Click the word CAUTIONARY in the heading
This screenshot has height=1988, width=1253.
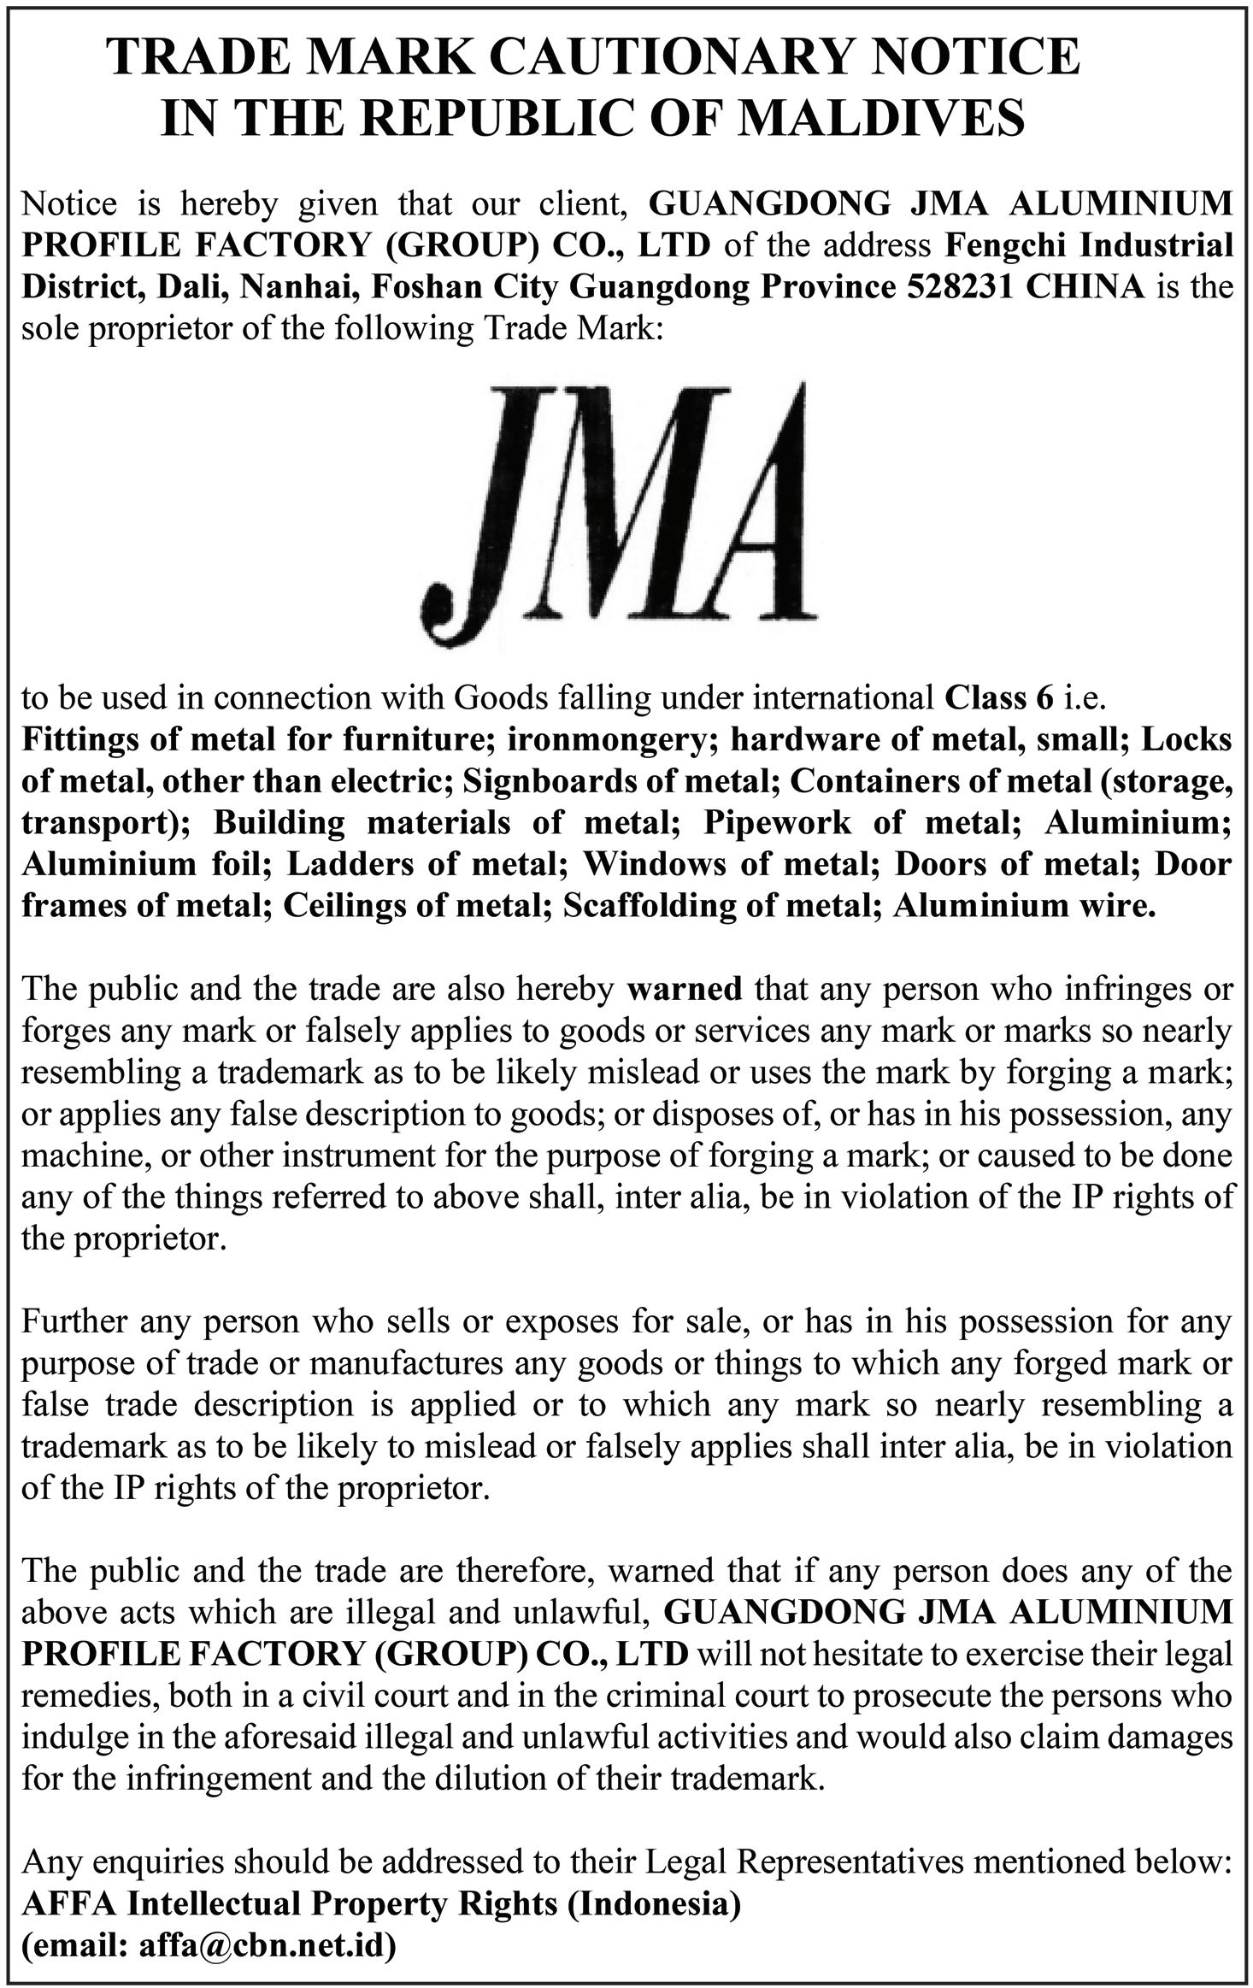[x=671, y=58]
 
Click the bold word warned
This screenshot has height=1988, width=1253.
[x=685, y=989]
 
